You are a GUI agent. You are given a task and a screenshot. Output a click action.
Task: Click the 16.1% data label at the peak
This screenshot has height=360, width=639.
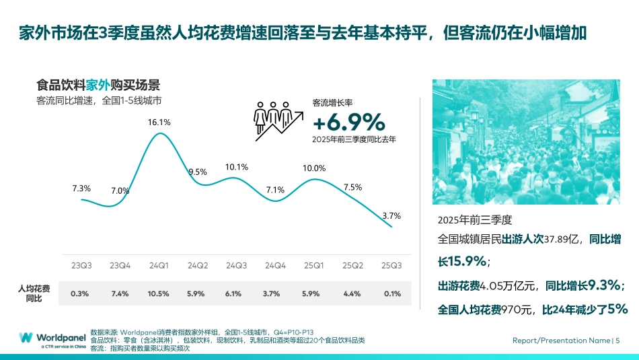(159, 122)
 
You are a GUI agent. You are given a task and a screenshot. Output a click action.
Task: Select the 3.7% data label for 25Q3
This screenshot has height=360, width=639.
(391, 216)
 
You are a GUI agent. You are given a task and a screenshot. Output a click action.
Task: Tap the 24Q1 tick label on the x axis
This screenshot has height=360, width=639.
(159, 265)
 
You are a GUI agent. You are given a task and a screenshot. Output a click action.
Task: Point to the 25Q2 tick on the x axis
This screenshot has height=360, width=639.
(352, 265)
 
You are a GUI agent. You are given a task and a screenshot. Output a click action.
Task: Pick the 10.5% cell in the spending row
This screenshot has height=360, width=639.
(159, 293)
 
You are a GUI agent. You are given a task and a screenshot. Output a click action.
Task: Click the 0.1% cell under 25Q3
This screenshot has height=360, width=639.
(391, 293)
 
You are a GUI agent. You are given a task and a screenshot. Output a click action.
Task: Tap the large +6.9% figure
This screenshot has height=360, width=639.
(348, 122)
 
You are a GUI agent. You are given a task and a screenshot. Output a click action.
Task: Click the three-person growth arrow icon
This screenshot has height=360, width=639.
(275, 120)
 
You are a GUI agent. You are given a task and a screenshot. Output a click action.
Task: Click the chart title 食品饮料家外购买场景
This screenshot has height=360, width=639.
(98, 85)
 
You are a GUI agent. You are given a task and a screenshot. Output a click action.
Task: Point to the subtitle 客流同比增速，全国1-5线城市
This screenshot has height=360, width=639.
(99, 101)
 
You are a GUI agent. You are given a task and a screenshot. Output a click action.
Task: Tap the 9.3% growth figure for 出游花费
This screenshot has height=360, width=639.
(604, 285)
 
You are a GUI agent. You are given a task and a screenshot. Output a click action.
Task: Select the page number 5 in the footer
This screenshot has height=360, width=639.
(617, 340)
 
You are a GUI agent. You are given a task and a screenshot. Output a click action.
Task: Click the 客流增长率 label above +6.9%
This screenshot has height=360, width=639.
(332, 103)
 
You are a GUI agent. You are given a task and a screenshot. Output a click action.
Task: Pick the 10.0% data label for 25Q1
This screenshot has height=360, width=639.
(314, 168)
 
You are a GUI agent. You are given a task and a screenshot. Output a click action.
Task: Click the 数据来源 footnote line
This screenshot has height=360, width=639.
(202, 332)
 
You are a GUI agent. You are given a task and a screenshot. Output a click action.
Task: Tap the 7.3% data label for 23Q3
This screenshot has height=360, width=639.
(81, 188)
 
